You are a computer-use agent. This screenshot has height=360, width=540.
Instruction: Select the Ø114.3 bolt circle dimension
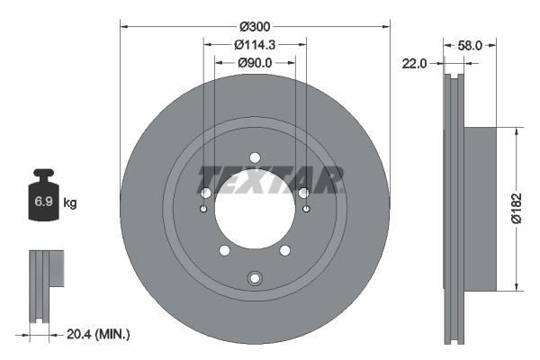[x=255, y=44]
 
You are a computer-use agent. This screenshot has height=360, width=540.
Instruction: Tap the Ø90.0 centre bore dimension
[x=255, y=63]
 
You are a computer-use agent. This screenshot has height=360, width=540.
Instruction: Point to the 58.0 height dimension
[x=475, y=44]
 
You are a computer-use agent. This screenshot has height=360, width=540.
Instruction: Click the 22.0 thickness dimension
[x=416, y=63]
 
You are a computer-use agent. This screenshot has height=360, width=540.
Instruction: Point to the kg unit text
[x=70, y=203]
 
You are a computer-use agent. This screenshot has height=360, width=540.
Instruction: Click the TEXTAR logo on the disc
[x=273, y=180]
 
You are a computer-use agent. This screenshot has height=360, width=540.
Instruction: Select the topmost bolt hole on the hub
[x=255, y=155]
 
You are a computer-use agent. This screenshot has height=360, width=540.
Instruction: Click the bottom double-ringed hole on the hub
[x=255, y=277]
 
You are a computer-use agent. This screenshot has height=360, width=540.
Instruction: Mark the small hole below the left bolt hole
[x=204, y=211]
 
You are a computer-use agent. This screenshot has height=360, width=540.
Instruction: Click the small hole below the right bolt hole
[x=306, y=211]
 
